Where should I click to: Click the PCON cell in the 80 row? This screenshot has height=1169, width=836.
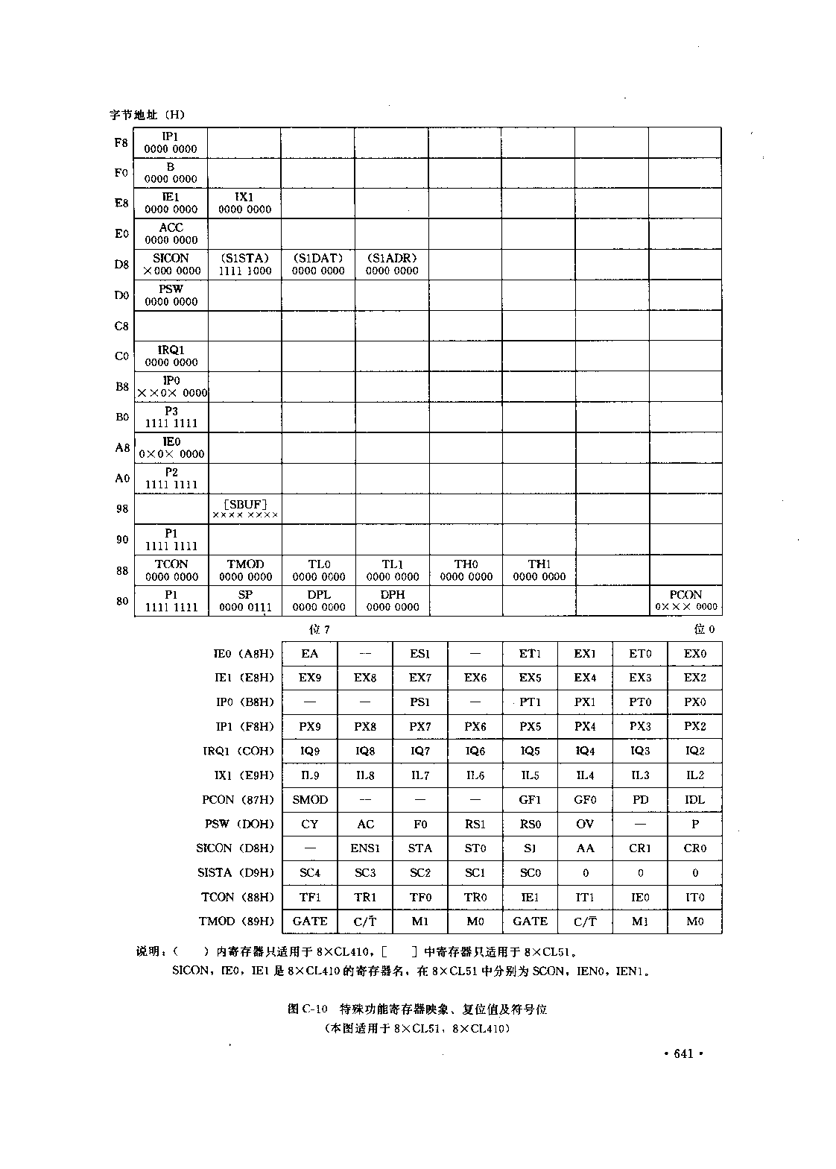[x=685, y=600]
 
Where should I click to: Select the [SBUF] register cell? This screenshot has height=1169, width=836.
[x=245, y=508]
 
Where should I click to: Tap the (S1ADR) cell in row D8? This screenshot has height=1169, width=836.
[x=392, y=264]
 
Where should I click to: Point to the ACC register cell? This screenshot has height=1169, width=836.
[x=171, y=233]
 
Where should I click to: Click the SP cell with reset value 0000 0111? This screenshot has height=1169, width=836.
[x=245, y=600]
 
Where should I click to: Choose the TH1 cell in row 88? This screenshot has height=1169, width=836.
[x=539, y=570]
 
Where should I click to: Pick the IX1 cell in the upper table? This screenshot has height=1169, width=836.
[x=244, y=203]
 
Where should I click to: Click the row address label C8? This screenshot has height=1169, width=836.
[x=121, y=326]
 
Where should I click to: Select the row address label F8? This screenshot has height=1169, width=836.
[x=121, y=142]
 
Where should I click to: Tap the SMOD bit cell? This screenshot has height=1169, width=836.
[x=310, y=799]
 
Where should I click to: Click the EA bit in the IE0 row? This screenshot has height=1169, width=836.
[x=310, y=653]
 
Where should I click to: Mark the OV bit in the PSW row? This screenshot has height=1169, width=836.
[x=585, y=824]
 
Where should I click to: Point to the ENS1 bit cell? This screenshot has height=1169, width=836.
[x=365, y=848]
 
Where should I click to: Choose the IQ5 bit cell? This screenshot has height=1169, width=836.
[x=530, y=751]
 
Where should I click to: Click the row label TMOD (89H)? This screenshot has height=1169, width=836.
[x=236, y=921]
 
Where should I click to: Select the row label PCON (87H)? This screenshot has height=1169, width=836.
[x=238, y=799]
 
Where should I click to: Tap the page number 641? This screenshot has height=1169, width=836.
[x=683, y=1053]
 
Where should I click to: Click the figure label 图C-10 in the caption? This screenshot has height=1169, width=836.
[x=307, y=1009]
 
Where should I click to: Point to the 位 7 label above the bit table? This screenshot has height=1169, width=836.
[x=320, y=629]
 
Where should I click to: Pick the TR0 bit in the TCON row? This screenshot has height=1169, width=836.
[x=475, y=897]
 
